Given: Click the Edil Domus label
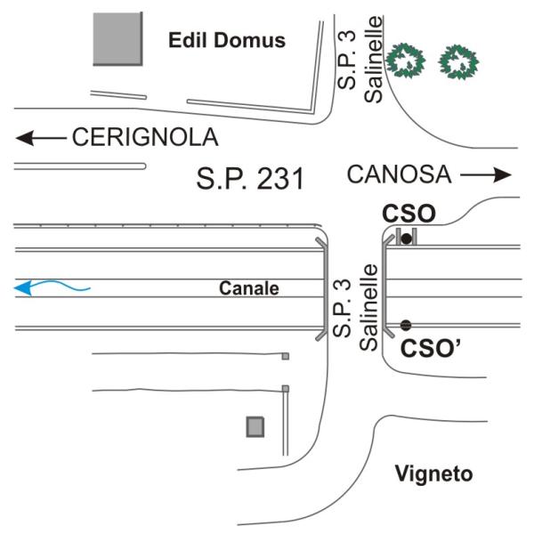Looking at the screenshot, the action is [227, 40].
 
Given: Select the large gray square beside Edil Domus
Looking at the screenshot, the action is [117, 39].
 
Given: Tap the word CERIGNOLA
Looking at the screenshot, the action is [145, 137].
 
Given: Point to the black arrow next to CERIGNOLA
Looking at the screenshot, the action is [41, 138].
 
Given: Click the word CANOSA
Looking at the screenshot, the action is [399, 174].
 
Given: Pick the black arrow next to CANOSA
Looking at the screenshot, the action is [486, 175].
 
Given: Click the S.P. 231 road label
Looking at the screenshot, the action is [250, 179].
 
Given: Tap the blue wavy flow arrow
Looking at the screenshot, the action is [52, 287].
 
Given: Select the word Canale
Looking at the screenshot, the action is [249, 288].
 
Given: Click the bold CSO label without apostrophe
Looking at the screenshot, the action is [409, 214].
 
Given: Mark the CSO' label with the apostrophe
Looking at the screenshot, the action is [431, 348].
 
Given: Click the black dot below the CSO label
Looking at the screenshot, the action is [407, 239].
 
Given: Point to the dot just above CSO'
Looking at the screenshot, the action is [406, 325].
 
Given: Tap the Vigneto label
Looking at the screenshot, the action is [434, 474].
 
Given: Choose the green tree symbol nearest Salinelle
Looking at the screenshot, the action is [406, 61].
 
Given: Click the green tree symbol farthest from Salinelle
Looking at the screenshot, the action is [458, 62].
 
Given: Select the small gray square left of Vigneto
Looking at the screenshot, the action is [255, 426].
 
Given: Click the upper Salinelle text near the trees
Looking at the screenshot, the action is [374, 59].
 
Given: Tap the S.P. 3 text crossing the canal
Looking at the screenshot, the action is [342, 308].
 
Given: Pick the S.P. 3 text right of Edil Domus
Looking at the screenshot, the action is [346, 60].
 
